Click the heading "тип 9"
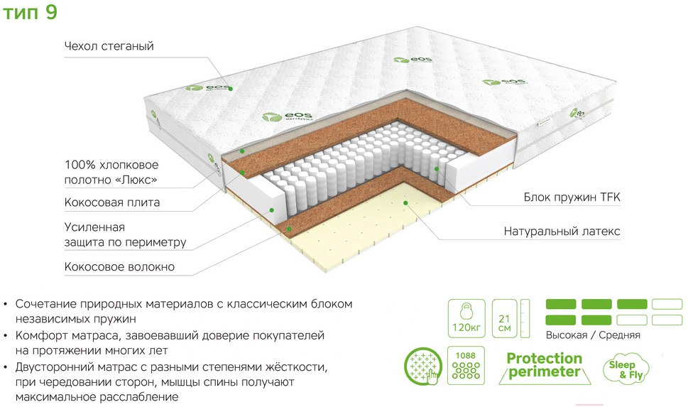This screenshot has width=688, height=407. point(30,12)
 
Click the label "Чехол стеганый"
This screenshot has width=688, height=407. point(109,46)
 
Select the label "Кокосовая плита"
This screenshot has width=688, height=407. point(112,202)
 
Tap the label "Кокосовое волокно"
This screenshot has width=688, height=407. point(119,266)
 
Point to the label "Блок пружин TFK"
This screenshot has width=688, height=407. point(572,197)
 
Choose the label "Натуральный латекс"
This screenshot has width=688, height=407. point(562,231)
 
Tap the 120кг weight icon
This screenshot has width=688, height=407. point(466,318)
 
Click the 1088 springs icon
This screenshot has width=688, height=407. point(466,365)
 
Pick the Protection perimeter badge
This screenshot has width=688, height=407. point(544,366)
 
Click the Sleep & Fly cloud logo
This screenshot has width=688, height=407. point(625,369)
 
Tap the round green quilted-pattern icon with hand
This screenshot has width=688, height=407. point(423,367)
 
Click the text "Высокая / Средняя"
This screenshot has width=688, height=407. point(593,335)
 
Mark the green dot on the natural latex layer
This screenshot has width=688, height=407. point(406,203)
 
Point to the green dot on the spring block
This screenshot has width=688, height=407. point(437,169)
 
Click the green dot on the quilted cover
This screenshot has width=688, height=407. point(230,89)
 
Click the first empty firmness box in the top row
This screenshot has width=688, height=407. point(667,304)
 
